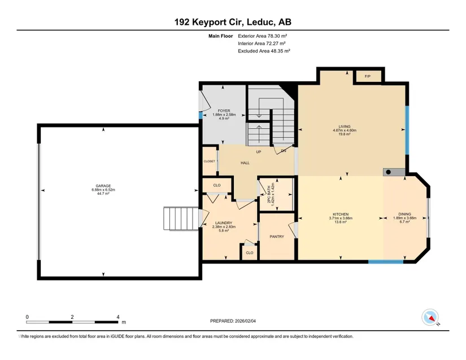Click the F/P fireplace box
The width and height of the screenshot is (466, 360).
(x=367, y=76)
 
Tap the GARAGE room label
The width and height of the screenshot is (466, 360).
(x=103, y=186)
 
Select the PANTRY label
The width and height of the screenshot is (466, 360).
(x=277, y=236)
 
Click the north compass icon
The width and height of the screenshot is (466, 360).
(x=430, y=317)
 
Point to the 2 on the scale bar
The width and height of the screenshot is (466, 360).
(x=72, y=317)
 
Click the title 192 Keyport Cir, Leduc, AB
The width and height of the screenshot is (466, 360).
(x=233, y=22)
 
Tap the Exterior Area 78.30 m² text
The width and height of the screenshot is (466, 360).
(x=263, y=36)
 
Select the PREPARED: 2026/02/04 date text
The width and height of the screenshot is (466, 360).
(x=233, y=321)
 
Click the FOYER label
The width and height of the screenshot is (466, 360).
(x=224, y=111)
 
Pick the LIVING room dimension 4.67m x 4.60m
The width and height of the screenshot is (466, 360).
(x=345, y=130)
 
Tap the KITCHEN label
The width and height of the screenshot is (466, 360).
(x=341, y=214)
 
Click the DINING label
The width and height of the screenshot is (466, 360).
(x=405, y=214)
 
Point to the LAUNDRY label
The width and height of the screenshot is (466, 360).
(x=224, y=223)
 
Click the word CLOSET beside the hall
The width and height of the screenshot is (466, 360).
(x=209, y=161)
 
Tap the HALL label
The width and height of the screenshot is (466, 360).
(x=245, y=163)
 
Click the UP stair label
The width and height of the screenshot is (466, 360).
(x=259, y=152)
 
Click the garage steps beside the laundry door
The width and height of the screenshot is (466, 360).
(x=181, y=218)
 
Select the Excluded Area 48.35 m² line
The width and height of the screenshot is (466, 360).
(x=264, y=51)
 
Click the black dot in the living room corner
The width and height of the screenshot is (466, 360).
(x=389, y=172)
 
